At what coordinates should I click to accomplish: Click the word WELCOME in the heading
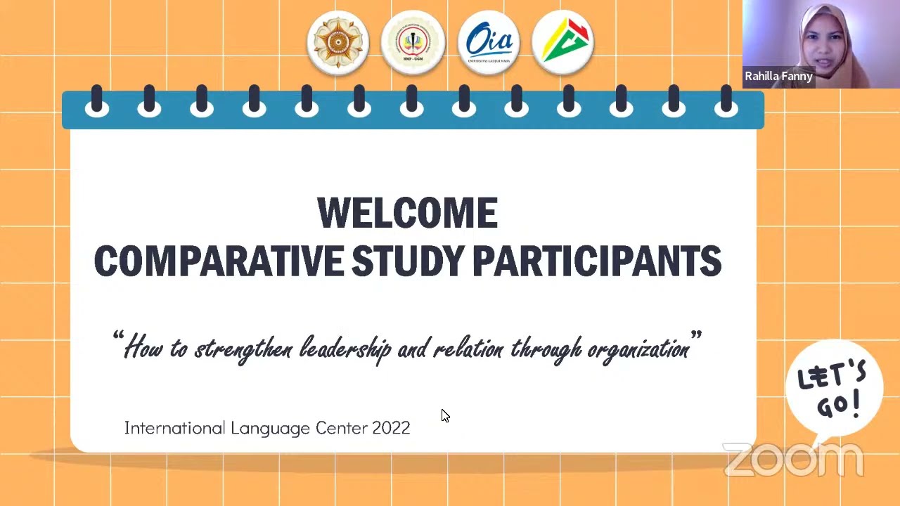pos(407,214)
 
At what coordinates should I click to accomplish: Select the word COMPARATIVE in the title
pos(219,261)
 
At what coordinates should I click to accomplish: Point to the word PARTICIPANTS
pos(597,261)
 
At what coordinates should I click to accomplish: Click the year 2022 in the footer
pos(391,428)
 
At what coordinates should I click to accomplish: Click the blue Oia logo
pos(489,42)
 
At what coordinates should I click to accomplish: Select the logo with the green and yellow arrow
pos(563,42)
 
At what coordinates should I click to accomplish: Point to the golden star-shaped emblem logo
pos(338,42)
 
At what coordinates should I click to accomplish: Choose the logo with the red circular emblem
pos(413,42)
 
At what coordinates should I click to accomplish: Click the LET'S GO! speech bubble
pos(834,389)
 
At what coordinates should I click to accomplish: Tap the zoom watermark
pos(793,460)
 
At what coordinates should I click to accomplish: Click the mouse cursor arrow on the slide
pos(445,416)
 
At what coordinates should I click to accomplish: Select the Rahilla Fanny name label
pos(778,77)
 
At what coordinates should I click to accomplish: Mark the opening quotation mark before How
pos(117,337)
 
